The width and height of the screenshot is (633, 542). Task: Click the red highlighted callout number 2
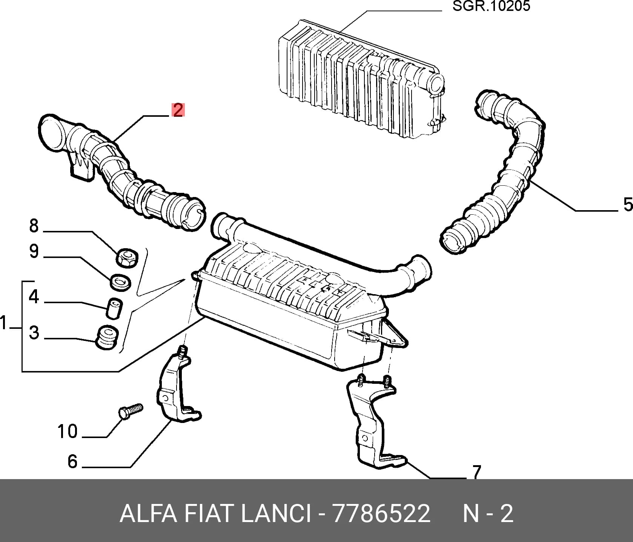(x=178, y=110)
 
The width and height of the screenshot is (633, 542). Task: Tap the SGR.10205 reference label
(x=491, y=6)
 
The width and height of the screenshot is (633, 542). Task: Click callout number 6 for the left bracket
(x=72, y=461)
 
